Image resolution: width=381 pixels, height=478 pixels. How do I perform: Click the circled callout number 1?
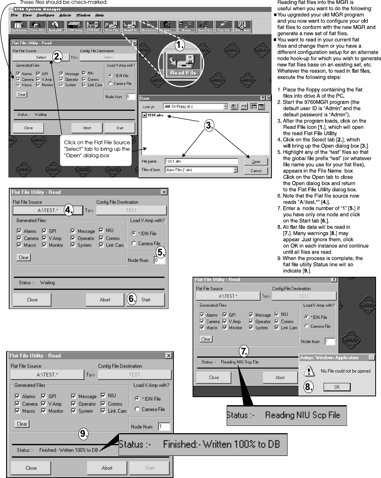pos(180,45)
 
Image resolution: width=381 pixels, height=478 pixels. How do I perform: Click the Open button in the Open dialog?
pos(256,161)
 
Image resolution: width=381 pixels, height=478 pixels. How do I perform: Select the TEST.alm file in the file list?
pos(153,115)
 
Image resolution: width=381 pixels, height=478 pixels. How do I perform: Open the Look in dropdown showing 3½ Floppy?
pos(195,107)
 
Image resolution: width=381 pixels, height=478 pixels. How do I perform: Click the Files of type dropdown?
pos(201,170)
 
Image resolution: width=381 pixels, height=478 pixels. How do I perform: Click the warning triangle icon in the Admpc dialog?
pos(309,371)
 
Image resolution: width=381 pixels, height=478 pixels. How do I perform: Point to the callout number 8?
pos(308,386)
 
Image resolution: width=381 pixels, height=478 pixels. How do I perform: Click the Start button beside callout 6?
pos(146,300)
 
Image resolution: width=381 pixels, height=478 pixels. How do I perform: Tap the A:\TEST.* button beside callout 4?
pos(48,210)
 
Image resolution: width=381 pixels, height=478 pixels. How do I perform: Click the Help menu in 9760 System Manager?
pos(99,15)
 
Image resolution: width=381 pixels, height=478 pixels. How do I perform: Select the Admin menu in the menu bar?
pos(65,15)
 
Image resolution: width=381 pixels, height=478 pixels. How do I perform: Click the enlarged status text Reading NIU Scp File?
pos(286,415)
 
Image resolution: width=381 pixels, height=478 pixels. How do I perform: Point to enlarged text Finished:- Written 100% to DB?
pos(203,444)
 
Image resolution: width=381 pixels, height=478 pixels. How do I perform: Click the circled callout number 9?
pos(84,434)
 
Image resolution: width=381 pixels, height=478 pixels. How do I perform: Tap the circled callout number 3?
pos(209,125)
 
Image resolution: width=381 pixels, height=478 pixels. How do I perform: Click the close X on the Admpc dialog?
pos(371,358)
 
